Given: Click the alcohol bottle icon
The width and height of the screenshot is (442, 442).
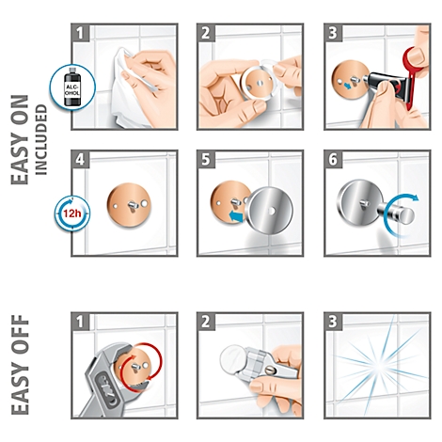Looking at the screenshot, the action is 72,86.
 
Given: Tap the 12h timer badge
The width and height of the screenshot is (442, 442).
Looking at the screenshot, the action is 72,213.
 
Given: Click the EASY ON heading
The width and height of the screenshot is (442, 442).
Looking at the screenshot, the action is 20,139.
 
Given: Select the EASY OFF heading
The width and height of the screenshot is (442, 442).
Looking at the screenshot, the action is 20,365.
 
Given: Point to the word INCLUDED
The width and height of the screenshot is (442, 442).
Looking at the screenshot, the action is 41,139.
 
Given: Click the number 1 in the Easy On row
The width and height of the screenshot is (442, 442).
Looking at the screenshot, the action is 80,33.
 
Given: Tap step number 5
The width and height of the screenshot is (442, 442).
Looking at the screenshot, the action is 206,159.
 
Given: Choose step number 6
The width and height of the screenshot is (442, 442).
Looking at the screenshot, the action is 333,159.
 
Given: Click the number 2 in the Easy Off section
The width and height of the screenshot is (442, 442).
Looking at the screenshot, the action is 206,322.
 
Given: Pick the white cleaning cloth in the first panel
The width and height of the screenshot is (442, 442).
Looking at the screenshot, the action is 130,91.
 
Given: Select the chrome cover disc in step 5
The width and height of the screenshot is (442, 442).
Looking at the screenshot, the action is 272,212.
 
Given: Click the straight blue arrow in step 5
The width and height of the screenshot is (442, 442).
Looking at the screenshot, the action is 237,217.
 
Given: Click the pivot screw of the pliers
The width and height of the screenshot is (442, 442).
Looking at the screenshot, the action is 271,371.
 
